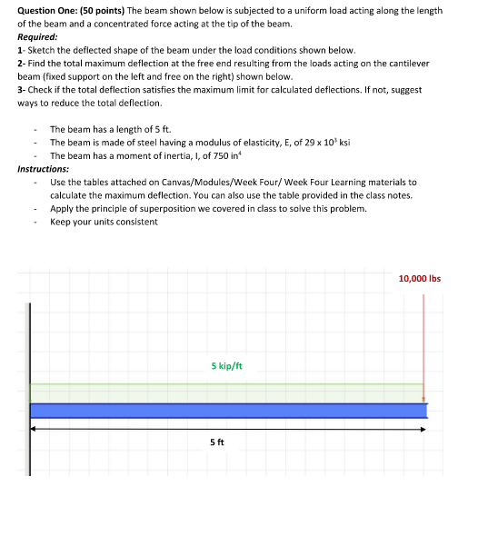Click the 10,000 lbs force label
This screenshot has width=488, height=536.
[419, 278]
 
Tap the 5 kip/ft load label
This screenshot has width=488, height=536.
[226, 366]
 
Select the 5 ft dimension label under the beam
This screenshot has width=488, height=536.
[216, 442]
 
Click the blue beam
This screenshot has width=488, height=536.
[227, 411]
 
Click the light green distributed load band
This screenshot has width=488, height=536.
[227, 392]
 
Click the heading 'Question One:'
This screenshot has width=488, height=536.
[48, 10]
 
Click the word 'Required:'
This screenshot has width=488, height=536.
[37, 36]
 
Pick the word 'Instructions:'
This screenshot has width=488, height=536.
[43, 169]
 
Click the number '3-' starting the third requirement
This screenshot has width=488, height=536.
[22, 90]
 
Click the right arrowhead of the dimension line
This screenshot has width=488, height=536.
[422, 430]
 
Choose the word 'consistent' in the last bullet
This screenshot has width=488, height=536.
[136, 222]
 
